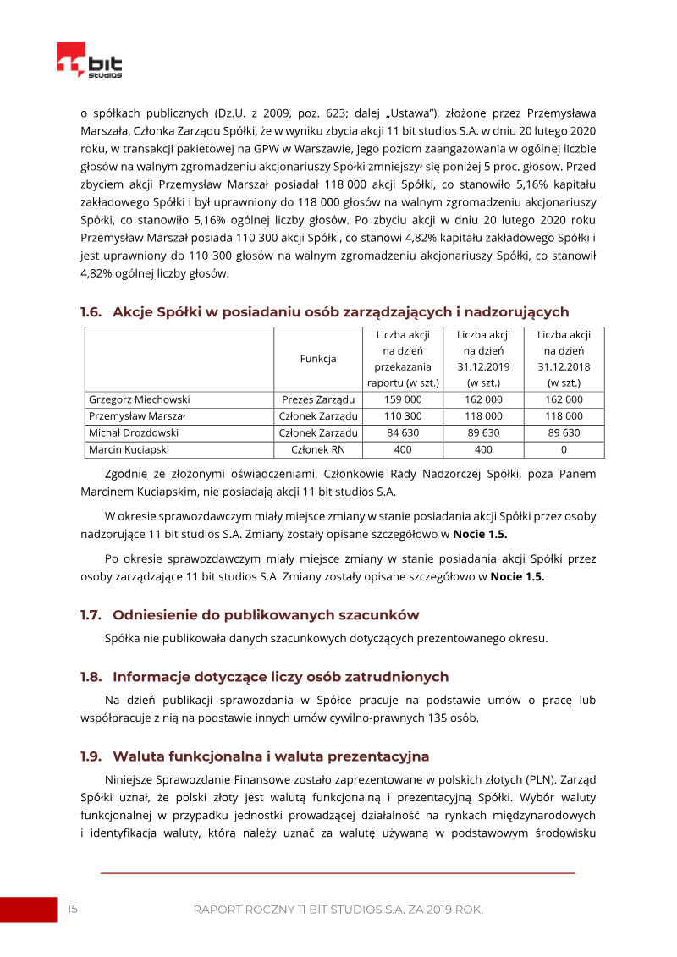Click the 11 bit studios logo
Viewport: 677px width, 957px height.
coord(90,62)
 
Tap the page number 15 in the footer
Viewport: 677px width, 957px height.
coord(72,909)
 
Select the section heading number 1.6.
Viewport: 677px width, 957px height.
coord(91,312)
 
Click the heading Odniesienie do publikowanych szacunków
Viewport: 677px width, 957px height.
coord(266,614)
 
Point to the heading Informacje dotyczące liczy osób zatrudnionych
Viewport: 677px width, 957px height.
coord(280,677)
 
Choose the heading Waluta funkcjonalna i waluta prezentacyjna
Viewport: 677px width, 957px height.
coord(271,756)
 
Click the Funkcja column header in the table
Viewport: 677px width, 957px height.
coord(318,359)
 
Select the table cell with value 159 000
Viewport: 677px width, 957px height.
coord(403,399)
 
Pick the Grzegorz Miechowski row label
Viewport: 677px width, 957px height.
coord(140,399)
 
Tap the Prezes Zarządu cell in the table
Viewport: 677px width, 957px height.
coord(318,399)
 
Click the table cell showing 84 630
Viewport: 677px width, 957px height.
coord(403,432)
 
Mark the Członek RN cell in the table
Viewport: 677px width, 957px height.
coord(318,449)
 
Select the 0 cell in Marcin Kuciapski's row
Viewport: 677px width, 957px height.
coord(564,449)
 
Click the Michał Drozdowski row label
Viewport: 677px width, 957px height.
coord(134,432)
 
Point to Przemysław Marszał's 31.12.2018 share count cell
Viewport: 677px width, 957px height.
coord(564,416)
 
